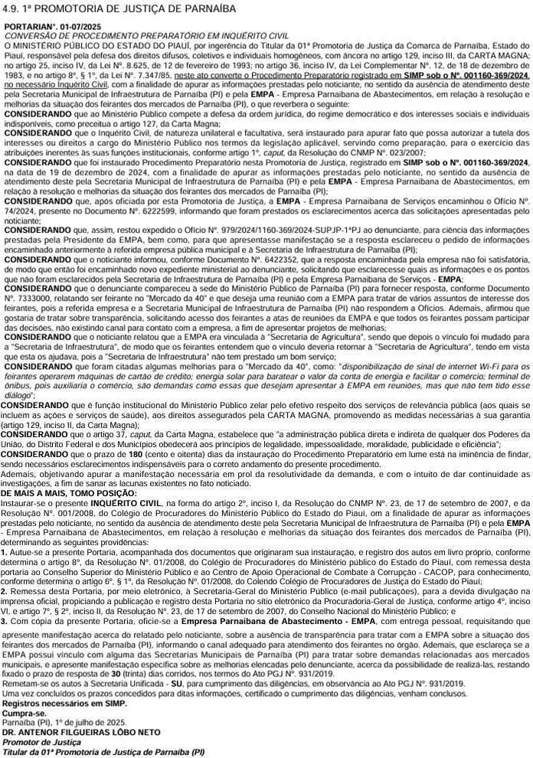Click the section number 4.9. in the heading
point(13,8)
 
